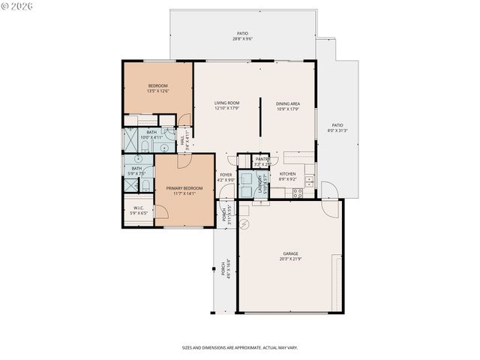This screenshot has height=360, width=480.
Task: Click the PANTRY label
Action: [262, 160]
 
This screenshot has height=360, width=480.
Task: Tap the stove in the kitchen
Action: [297, 193]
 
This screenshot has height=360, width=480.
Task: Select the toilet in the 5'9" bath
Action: [147, 184]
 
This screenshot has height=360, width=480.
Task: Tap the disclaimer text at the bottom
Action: [239, 348]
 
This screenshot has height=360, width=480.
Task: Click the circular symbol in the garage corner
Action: [244, 223]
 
